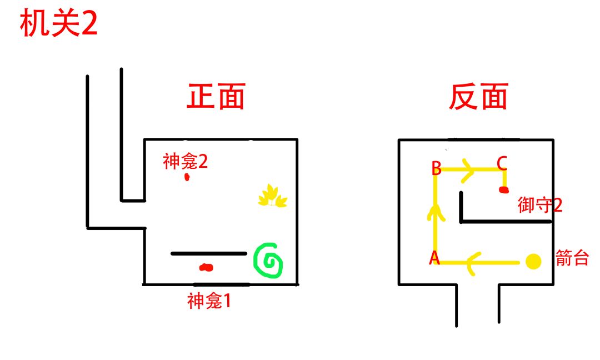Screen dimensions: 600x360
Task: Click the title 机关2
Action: [x=58, y=23]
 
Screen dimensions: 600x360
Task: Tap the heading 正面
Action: [x=216, y=97]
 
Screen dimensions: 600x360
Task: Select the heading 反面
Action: [x=478, y=97]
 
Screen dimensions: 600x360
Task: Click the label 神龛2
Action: [x=185, y=162]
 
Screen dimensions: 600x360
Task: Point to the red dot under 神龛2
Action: [x=187, y=177]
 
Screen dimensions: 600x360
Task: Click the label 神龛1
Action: [x=209, y=301]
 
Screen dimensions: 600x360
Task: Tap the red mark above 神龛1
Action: [x=206, y=267]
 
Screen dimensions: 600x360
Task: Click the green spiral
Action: [x=268, y=260]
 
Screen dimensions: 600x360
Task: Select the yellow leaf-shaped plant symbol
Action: [x=272, y=196]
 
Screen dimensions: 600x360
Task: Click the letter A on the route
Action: [x=434, y=258]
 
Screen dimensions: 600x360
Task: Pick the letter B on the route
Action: [x=436, y=168]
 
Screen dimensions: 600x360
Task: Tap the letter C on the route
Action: [x=502, y=163]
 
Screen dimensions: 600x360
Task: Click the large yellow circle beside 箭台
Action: [x=533, y=262]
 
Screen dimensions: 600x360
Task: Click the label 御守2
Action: [x=540, y=205]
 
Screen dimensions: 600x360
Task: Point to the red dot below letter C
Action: [x=504, y=189]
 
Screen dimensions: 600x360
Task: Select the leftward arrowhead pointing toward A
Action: [x=473, y=263]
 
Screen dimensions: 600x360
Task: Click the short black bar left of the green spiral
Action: [x=209, y=253]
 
